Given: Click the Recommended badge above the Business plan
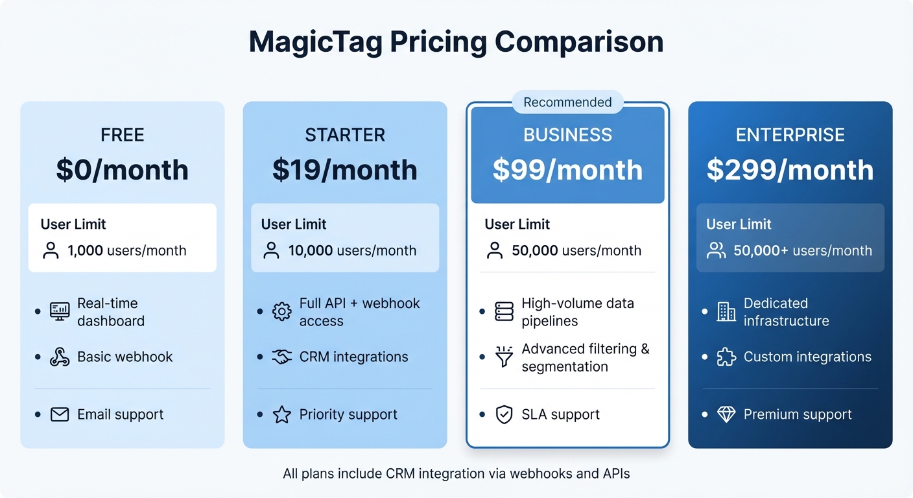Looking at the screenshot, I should [x=567, y=102].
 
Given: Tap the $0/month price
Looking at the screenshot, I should [x=122, y=170].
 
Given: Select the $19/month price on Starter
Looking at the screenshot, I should [x=344, y=170].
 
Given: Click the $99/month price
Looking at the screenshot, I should [x=567, y=170].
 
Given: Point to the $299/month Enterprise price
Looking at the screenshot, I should [x=790, y=170].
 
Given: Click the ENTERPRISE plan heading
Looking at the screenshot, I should [x=790, y=135].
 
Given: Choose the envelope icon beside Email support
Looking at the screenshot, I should [x=60, y=414].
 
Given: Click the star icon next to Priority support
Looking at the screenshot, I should [x=281, y=414].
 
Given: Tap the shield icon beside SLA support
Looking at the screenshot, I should [x=504, y=414].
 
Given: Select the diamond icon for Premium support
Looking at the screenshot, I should [x=726, y=414].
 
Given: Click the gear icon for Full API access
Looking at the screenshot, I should [x=281, y=312].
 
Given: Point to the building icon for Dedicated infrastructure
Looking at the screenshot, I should [x=726, y=312].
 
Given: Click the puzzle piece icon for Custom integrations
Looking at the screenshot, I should [x=726, y=357].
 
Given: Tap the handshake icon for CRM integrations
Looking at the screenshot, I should [x=281, y=357].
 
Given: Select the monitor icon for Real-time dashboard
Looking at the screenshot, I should [x=60, y=311].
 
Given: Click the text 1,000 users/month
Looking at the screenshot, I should [x=126, y=251].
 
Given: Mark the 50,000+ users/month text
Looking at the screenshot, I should [x=802, y=251].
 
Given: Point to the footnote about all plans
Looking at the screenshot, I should [x=456, y=474].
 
